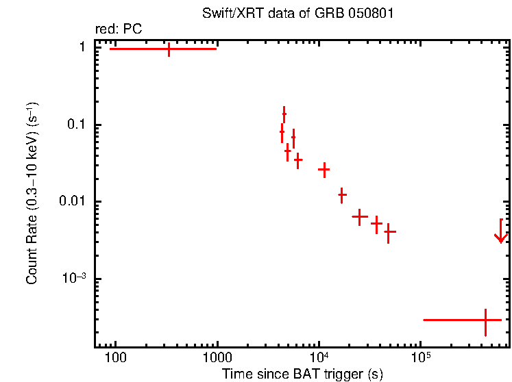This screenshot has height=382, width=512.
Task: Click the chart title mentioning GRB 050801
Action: point(298,14)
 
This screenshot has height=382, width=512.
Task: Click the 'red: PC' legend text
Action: point(118,29)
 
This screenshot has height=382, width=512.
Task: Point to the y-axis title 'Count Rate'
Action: point(32,192)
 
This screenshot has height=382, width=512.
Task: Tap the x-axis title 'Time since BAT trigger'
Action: point(302,374)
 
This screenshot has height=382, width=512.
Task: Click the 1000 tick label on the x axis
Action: point(217,358)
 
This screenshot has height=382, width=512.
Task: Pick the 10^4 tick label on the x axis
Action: point(319,357)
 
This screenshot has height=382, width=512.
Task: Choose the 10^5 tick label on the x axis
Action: point(420,357)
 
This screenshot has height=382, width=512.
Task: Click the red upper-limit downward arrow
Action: point(501,233)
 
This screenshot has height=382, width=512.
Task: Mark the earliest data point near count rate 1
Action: point(169,49)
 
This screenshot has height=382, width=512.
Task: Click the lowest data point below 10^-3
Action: point(485,320)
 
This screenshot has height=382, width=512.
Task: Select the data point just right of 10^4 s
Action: point(324,169)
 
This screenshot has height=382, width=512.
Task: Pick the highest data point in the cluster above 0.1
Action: point(284,114)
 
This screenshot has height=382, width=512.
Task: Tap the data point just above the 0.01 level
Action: point(342,195)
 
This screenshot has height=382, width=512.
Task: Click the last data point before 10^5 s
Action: point(389,232)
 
